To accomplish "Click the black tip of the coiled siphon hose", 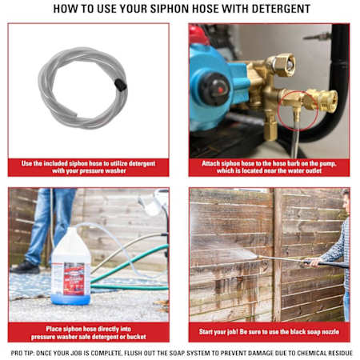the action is (x=121, y=85).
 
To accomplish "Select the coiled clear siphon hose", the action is (x=83, y=88).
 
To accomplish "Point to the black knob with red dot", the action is (x=215, y=89).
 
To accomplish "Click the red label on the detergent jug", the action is (x=74, y=279).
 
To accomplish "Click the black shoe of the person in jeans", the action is (x=25, y=266).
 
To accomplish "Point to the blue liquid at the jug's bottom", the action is (x=70, y=299).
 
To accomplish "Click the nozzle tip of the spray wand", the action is (x=258, y=257).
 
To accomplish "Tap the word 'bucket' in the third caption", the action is (x=137, y=337).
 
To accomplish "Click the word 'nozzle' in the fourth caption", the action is (x=330, y=332).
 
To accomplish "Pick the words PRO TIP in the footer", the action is (x=22, y=353).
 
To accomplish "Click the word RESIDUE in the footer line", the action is (x=340, y=353).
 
